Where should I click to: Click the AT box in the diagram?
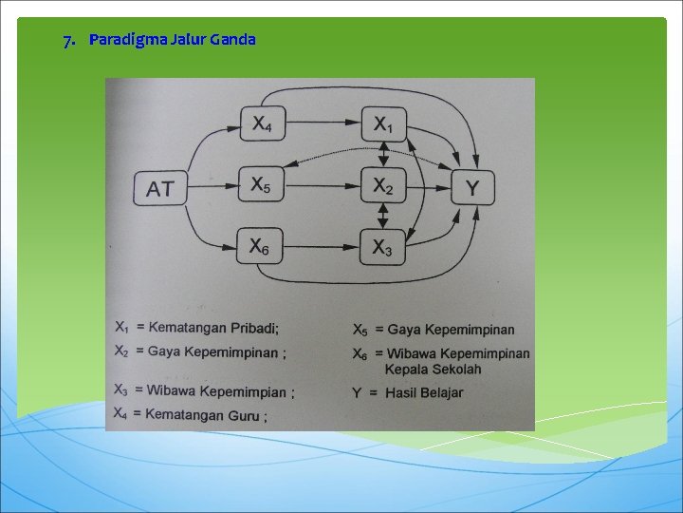tap(161, 188)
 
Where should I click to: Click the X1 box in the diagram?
tap(383, 123)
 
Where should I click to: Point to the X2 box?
tap(383, 185)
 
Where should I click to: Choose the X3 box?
tap(383, 248)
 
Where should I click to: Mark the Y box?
tap(471, 187)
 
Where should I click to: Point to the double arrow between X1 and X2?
tap(383, 155)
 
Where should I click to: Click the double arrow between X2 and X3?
tap(383, 217)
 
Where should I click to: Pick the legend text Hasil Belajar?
tap(424, 392)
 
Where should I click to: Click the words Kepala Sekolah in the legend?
tap(433, 369)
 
